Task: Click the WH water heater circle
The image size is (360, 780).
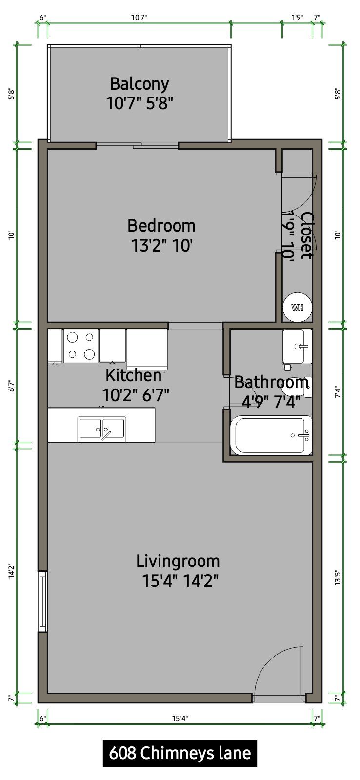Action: (x=297, y=308)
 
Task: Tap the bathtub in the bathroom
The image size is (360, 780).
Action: (x=271, y=435)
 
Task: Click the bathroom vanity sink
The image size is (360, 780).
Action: (x=297, y=347)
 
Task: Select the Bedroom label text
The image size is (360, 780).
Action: (x=161, y=226)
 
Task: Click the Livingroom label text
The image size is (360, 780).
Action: (x=178, y=561)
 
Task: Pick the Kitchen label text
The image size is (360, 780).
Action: (x=134, y=375)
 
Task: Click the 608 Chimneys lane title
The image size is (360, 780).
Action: (x=180, y=753)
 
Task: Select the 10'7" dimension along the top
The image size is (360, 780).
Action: (x=139, y=18)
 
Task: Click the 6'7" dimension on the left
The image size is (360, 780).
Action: (x=12, y=386)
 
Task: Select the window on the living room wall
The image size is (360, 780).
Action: (x=42, y=602)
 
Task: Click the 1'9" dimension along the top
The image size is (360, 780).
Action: (x=297, y=18)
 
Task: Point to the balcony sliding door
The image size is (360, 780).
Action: (x=137, y=145)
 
